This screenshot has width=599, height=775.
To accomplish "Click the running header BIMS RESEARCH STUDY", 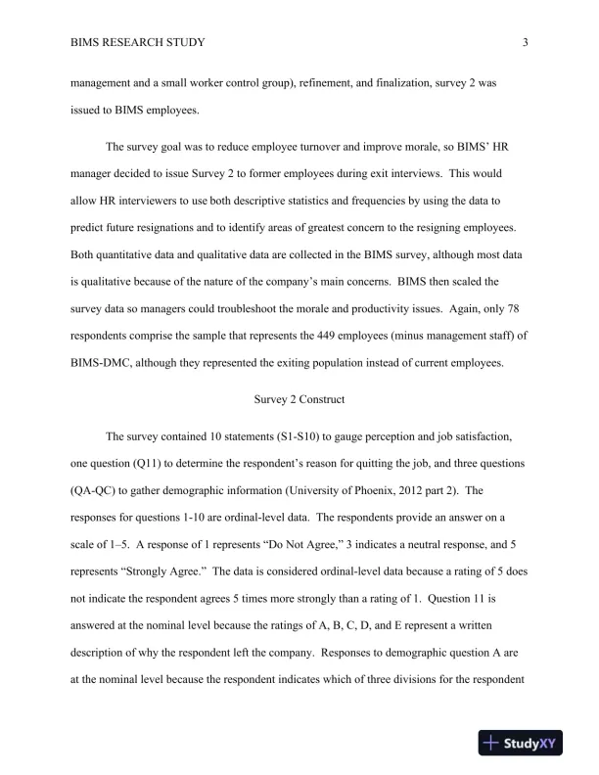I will [x=138, y=42].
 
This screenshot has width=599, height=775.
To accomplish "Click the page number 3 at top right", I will [x=526, y=42].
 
